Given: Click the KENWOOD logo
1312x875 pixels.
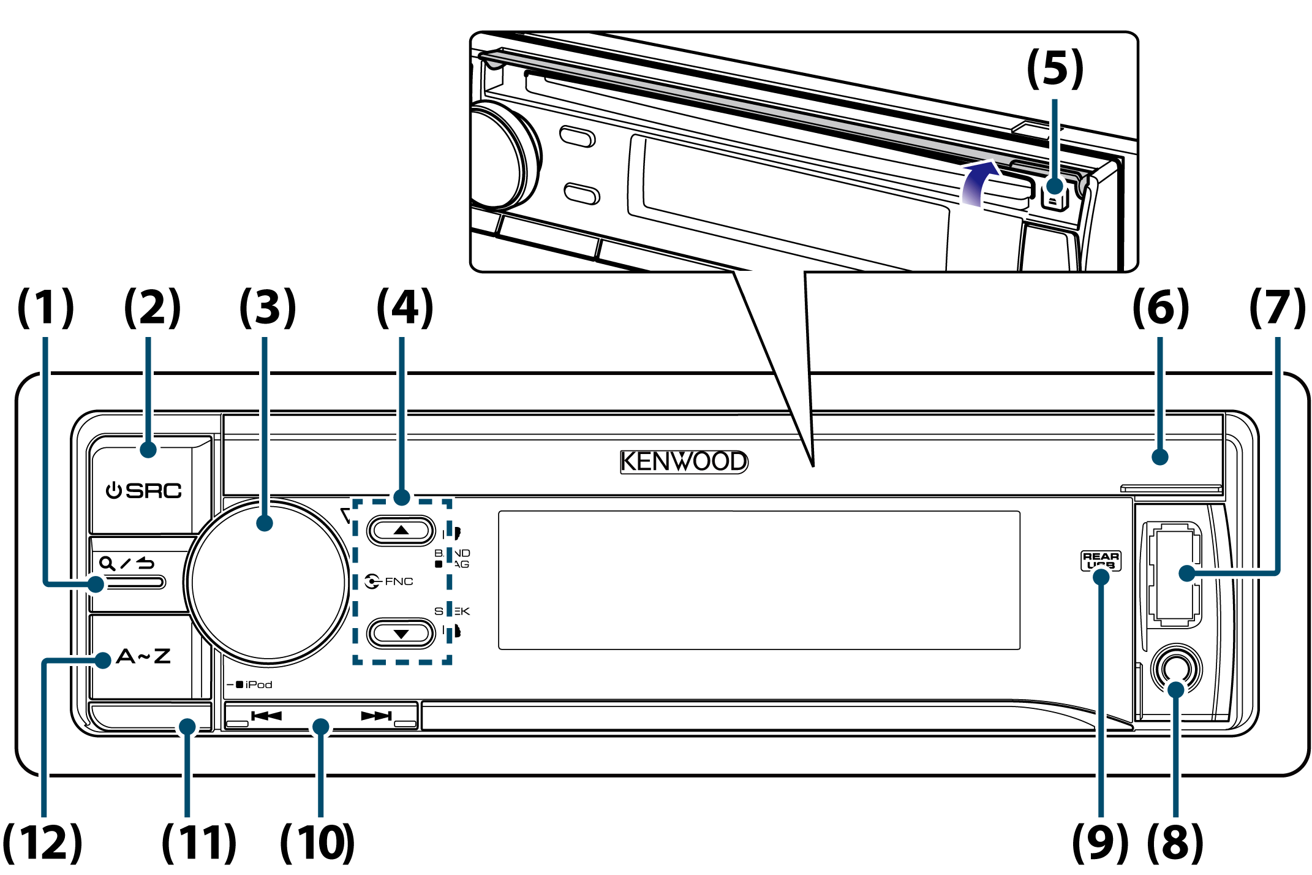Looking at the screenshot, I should [x=684, y=461].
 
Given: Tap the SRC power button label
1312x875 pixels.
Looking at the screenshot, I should [x=145, y=491].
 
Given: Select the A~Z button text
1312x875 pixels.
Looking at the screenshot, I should [x=143, y=656].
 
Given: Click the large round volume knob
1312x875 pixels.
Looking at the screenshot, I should [x=268, y=582].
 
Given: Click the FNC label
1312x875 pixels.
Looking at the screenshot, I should [x=398, y=581].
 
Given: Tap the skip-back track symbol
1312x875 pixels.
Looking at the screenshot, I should [x=266, y=716].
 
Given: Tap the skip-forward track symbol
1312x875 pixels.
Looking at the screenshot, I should [x=376, y=716].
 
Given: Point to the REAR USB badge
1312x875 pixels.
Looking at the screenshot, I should [x=1101, y=560].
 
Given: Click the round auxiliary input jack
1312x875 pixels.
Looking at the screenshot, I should [x=1176, y=669].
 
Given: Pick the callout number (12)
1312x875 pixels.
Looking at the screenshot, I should [x=42, y=843].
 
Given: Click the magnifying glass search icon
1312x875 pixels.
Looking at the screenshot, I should [x=107, y=563].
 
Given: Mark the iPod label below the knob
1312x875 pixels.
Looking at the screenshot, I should [x=258, y=684].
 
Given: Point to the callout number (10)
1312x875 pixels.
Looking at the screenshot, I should [x=317, y=843].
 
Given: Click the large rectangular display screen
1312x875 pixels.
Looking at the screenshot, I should [x=759, y=580].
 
